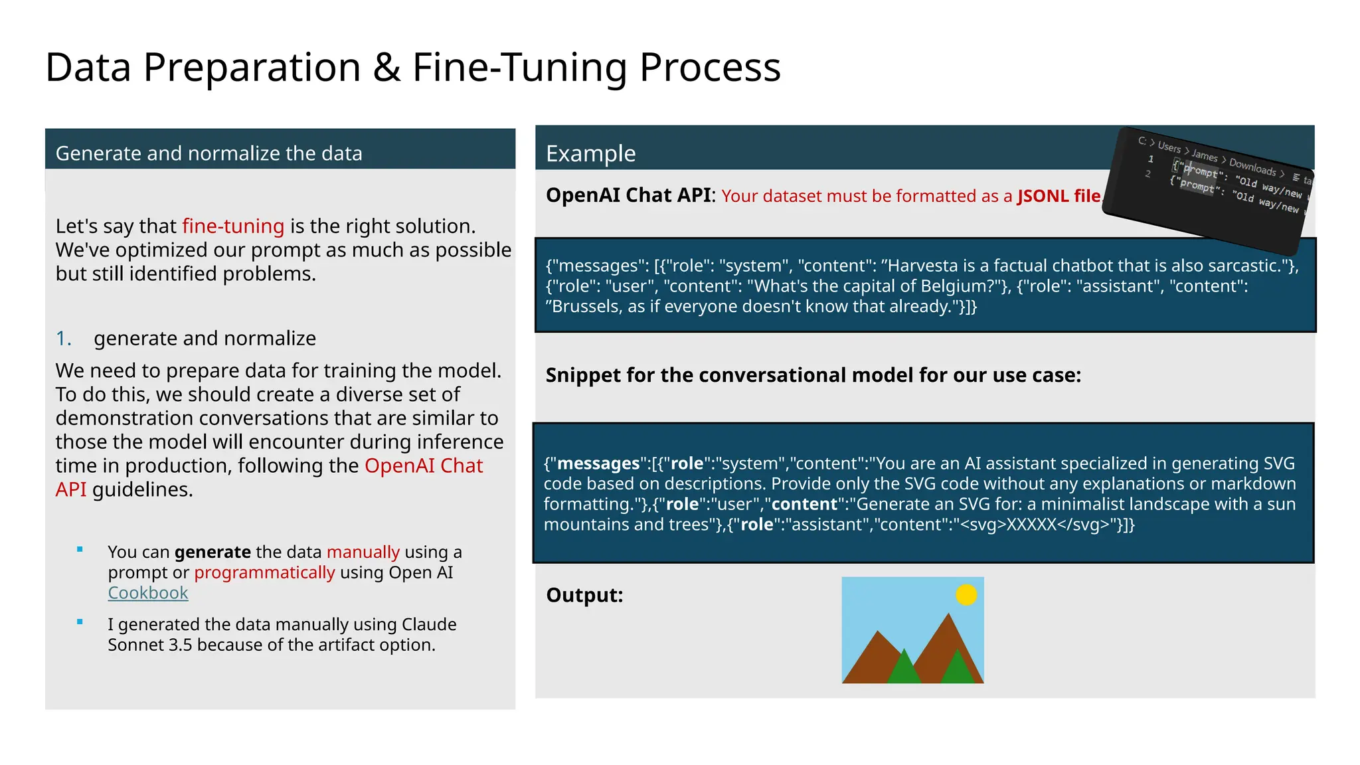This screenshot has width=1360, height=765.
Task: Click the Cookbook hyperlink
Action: [x=147, y=593]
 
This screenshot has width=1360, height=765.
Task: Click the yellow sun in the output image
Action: [x=966, y=594]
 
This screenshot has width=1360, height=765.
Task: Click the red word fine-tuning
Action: [x=233, y=226]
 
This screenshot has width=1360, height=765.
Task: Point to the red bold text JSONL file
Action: [x=1059, y=196]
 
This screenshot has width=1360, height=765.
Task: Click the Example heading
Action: [x=590, y=153]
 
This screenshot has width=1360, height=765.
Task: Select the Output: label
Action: [x=584, y=595]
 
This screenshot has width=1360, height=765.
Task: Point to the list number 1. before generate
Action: [x=63, y=339]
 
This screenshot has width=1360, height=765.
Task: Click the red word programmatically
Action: [x=264, y=572]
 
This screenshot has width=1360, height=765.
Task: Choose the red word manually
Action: [x=363, y=552]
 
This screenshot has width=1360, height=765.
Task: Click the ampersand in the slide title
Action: [x=386, y=68]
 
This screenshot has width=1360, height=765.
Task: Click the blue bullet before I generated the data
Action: [x=80, y=622]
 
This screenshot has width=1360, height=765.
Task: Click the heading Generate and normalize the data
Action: [x=209, y=153]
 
